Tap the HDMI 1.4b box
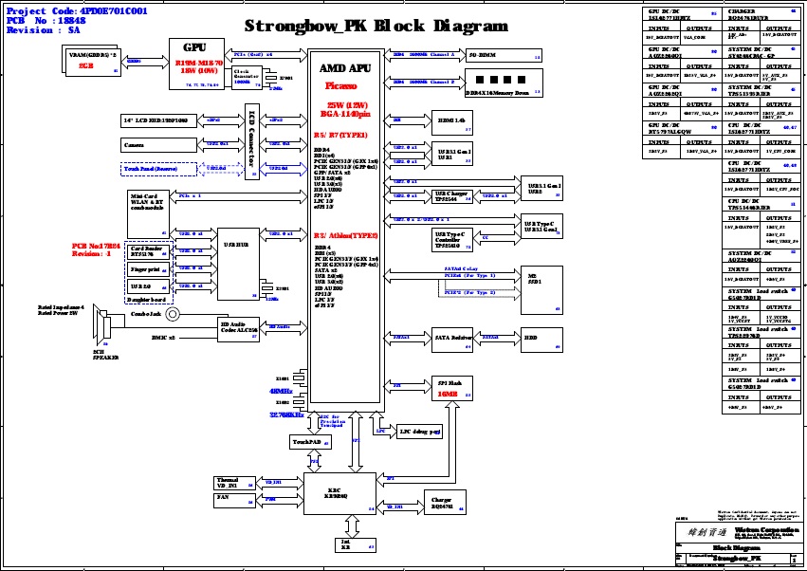pyautogui.click(x=451, y=121)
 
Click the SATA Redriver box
pyautogui.click(x=451, y=337)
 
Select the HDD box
pyautogui.click(x=530, y=337)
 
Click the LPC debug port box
pyautogui.click(x=418, y=431)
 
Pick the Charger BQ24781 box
pyautogui.click(x=441, y=503)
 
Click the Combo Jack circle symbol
pyautogui.click(x=173, y=313)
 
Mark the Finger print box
pyautogui.click(x=147, y=269)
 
